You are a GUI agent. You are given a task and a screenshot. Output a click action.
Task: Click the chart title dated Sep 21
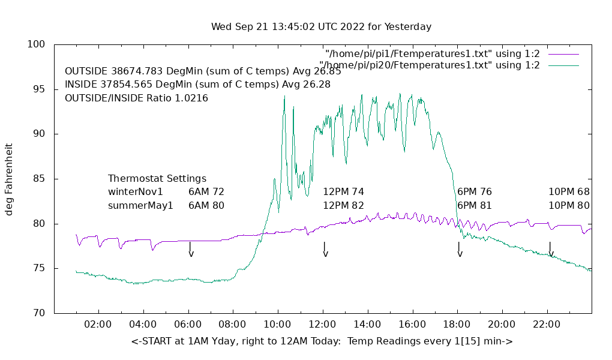pyautogui.click(x=321, y=27)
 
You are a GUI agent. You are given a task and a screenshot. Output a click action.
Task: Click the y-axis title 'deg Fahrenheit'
pyautogui.click(x=9, y=179)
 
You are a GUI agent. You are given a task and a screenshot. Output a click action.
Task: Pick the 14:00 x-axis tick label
pyautogui.click(x=367, y=325)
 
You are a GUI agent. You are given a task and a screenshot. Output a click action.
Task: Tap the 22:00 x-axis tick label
pyautogui.click(x=547, y=325)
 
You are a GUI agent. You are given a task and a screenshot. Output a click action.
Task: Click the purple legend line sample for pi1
pyautogui.click(x=563, y=54)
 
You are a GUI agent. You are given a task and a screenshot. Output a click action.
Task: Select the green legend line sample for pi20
pyautogui.click(x=563, y=65)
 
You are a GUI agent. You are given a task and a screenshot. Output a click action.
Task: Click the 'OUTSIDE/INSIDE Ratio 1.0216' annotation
pyautogui.click(x=136, y=98)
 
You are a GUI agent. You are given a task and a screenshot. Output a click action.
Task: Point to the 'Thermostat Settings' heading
pyautogui.click(x=157, y=179)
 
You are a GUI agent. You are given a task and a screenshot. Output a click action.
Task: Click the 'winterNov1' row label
pyautogui.click(x=136, y=192)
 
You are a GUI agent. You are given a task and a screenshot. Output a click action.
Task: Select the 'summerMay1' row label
pyautogui.click(x=140, y=205)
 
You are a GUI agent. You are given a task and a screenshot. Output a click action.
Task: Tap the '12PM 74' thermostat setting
pyautogui.click(x=343, y=192)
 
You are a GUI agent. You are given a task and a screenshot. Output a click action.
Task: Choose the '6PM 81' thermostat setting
pyautogui.click(x=474, y=205)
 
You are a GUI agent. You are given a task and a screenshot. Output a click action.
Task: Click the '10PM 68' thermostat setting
pyautogui.click(x=569, y=192)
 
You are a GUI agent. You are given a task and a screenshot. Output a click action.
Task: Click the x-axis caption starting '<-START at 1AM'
pyautogui.click(x=322, y=341)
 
